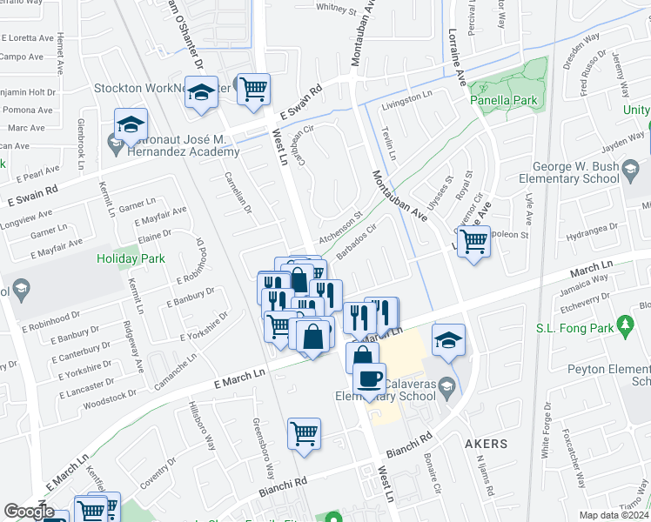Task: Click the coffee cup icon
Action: pos(370,379)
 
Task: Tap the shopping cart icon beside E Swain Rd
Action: pos(253,89)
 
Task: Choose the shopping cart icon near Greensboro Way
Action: pos(304,433)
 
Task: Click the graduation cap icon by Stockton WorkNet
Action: pos(201,93)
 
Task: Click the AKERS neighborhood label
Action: pos(485,444)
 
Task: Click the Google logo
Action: pos(28,512)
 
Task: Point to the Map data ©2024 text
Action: pos(614,515)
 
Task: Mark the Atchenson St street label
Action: pos(339,224)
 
